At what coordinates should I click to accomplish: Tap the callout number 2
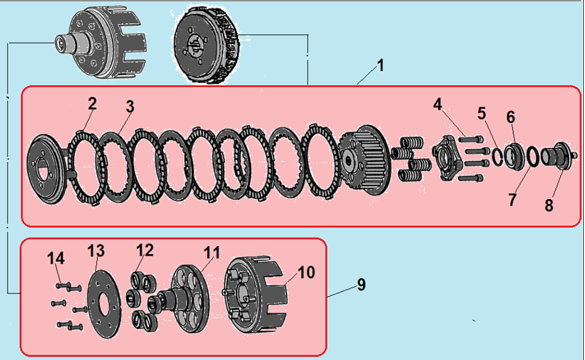[x=92, y=104]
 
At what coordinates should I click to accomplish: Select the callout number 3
[x=130, y=107]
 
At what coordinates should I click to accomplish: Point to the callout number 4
[x=438, y=104]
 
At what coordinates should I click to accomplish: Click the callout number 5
[x=482, y=113]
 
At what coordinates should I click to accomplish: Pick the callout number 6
[x=510, y=117]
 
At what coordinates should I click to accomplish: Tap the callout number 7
[x=512, y=200]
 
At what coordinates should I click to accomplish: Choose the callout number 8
[x=548, y=205]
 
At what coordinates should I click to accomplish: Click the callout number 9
[x=361, y=285]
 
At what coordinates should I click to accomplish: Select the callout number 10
[x=306, y=273]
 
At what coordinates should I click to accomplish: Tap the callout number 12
[x=145, y=250]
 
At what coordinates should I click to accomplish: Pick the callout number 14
[x=56, y=258]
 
